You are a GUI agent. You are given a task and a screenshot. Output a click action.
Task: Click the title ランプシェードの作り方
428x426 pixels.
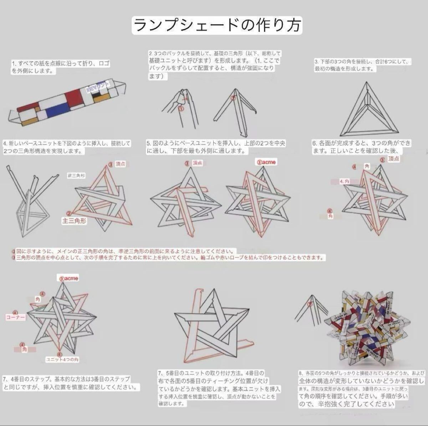[217, 25]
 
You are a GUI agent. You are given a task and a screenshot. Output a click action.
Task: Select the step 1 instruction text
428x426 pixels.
[61, 67]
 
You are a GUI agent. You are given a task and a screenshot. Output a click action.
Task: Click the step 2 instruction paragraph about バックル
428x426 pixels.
[214, 64]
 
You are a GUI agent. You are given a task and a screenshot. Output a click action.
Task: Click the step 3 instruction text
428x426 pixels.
[362, 65]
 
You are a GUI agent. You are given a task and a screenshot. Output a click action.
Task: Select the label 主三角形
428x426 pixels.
[74, 220]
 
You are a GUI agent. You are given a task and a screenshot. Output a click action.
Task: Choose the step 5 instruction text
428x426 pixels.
[216, 147]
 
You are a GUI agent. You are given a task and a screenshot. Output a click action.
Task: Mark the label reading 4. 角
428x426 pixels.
[345, 182]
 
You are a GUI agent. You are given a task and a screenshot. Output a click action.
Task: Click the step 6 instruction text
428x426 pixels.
[361, 147]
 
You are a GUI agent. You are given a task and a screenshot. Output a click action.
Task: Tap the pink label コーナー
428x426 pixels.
[16, 317]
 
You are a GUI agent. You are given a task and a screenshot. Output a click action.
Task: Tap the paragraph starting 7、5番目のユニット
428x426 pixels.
[218, 388]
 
